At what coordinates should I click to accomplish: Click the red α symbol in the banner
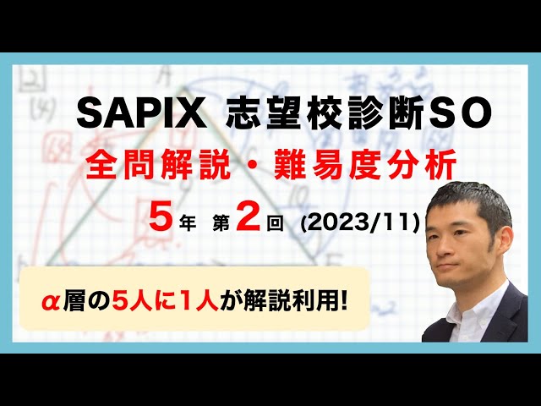(54, 299)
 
